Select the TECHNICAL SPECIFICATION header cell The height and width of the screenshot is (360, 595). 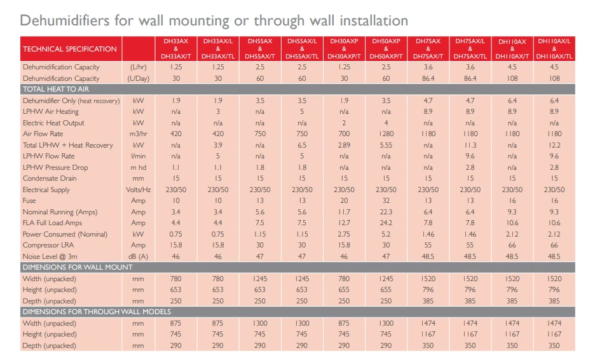[x=70, y=49]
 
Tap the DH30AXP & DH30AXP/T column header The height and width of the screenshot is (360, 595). [x=344, y=49]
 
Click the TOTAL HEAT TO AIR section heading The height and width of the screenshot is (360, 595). [x=51, y=90]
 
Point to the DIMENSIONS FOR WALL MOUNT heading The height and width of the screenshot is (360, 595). [x=78, y=267]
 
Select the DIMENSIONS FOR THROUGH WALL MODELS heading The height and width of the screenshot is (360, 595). [x=97, y=312]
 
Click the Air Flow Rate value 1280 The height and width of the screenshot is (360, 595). [x=386, y=134]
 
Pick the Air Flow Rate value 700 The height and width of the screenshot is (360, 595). [x=344, y=134]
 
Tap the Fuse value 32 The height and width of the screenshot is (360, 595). [x=386, y=201]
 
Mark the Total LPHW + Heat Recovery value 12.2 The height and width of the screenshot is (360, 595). [x=554, y=145]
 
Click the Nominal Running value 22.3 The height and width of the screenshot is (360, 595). [x=386, y=212]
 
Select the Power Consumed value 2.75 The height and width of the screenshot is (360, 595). [x=344, y=234]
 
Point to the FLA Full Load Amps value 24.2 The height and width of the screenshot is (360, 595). [x=386, y=223]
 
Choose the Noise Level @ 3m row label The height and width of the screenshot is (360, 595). [x=51, y=256]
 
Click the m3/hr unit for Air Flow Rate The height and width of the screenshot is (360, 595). [x=139, y=134]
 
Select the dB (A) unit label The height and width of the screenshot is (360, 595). [x=139, y=256]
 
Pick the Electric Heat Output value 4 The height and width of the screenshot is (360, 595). [x=386, y=123]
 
